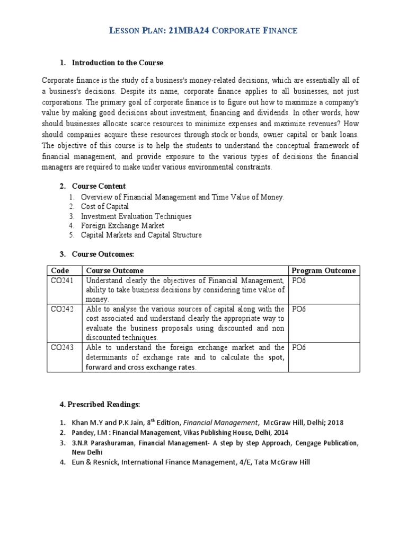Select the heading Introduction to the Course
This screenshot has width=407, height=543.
tap(118, 63)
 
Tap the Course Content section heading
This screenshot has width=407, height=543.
tap(99, 186)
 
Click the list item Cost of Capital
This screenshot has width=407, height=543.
tap(104, 207)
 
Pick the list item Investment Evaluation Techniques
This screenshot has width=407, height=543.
tap(136, 216)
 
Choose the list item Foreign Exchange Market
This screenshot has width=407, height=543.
tap(122, 226)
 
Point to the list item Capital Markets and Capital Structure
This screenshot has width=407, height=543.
tap(141, 235)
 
